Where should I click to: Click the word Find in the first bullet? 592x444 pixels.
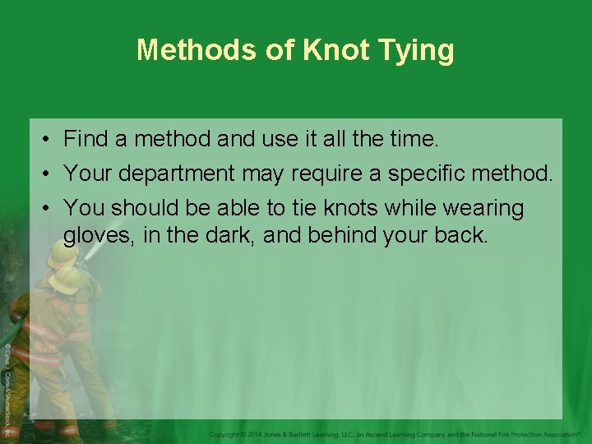click(x=86, y=139)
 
